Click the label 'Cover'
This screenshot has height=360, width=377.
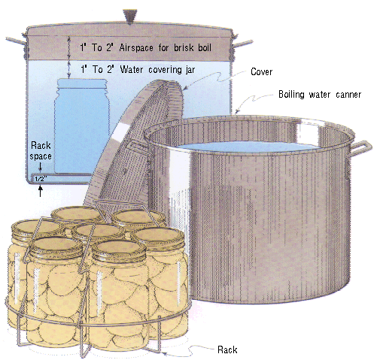point(261,72)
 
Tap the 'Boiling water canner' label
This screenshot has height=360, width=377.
point(320,95)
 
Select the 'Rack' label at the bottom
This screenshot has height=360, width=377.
point(227,349)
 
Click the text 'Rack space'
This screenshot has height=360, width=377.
point(41,150)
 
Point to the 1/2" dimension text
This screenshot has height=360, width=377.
point(41,179)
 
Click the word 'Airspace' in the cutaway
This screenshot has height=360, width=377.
point(136,47)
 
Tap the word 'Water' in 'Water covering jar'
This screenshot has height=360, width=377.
point(132,69)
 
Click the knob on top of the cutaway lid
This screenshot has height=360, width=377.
point(130,17)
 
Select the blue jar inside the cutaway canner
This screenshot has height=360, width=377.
point(82,126)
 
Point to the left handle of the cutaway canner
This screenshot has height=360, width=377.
point(16,41)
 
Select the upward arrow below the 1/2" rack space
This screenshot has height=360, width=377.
point(40,191)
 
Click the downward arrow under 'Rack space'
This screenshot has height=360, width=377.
point(41,167)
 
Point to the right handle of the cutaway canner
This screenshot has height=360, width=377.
point(243,44)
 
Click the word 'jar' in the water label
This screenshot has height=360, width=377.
point(190,70)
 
